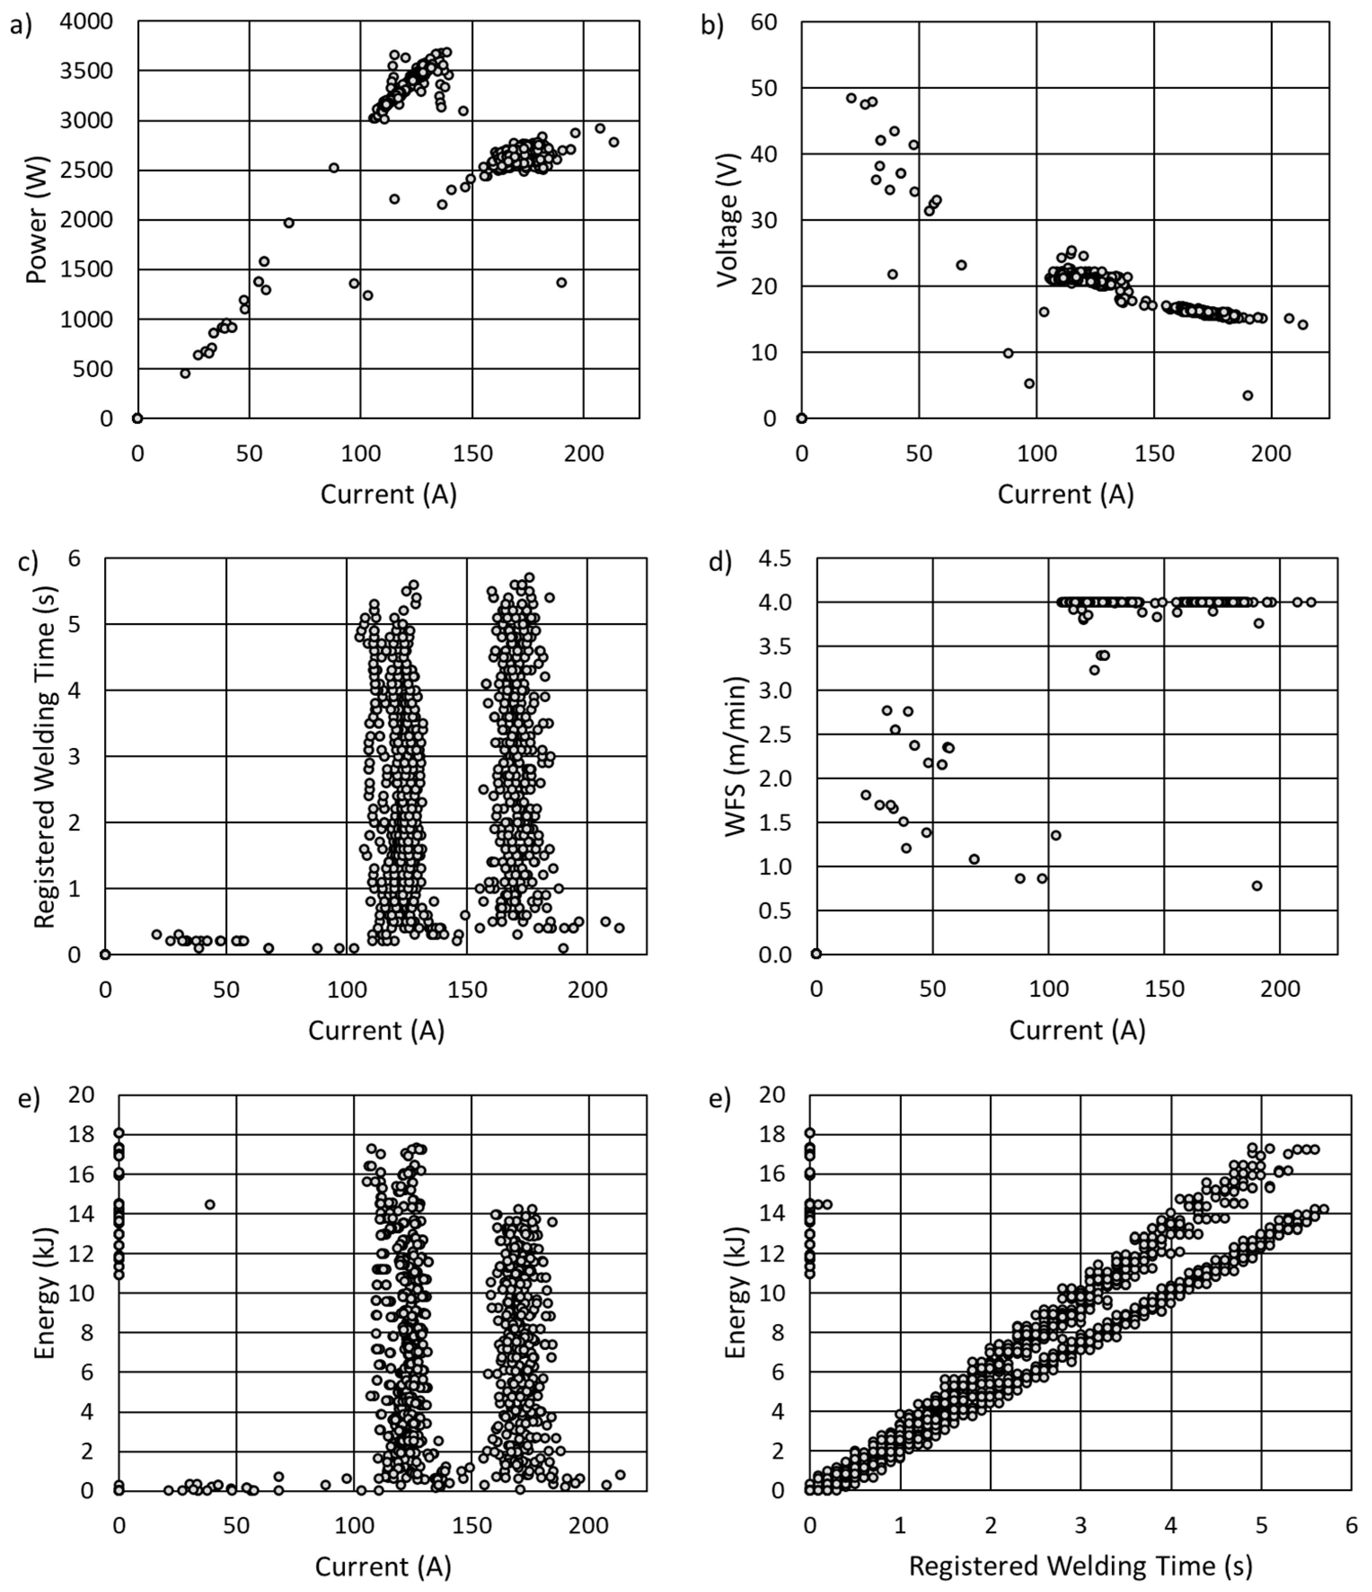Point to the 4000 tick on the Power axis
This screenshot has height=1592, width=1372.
(x=86, y=22)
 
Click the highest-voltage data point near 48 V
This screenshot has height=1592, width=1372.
(x=851, y=98)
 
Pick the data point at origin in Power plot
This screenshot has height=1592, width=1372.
(x=137, y=418)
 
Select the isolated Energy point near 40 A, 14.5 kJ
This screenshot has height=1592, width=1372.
(x=210, y=1204)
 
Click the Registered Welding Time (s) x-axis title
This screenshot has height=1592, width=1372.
(x=1080, y=1565)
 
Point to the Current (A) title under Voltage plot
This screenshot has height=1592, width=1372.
(x=1065, y=494)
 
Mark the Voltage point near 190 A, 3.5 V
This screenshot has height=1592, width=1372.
(x=1248, y=396)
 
